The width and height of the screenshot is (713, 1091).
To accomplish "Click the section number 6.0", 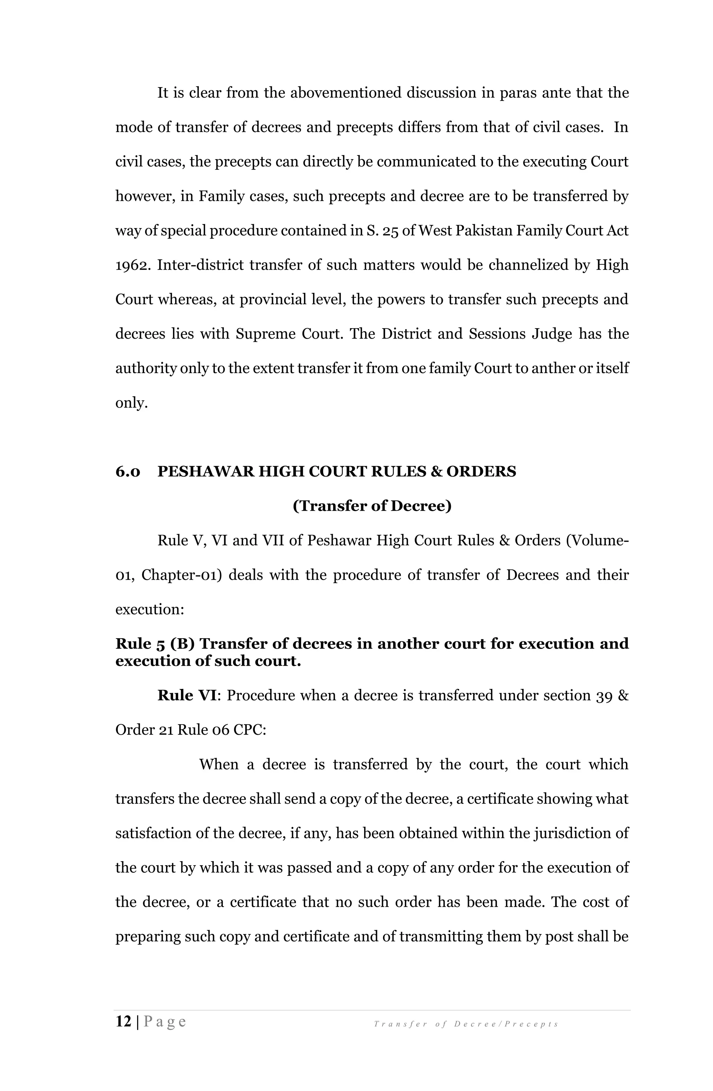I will [128, 472].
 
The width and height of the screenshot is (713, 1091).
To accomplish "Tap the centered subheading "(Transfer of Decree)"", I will [372, 506].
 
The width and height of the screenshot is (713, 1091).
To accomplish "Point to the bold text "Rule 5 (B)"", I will [155, 644].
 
